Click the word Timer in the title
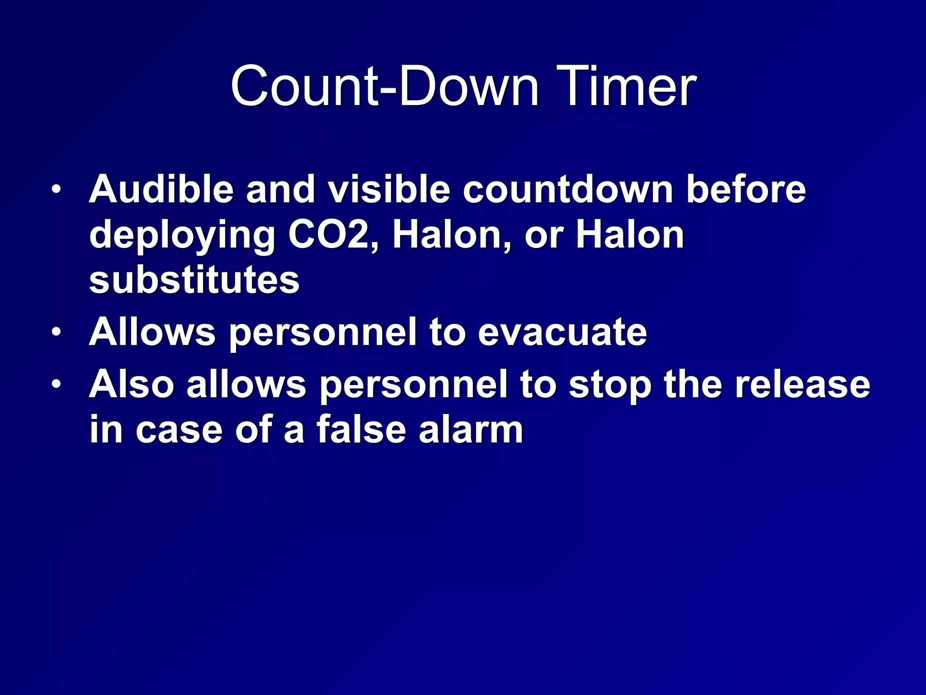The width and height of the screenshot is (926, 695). point(626,86)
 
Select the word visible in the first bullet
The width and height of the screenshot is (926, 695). point(389,189)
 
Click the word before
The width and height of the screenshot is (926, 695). point(746,189)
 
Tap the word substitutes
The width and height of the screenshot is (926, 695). point(194,280)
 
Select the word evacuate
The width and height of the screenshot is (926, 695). point(562,333)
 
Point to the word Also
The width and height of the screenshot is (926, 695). point(132,385)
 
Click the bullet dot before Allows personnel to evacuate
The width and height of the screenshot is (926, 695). point(56,333)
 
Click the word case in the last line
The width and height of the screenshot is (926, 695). point(179,430)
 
